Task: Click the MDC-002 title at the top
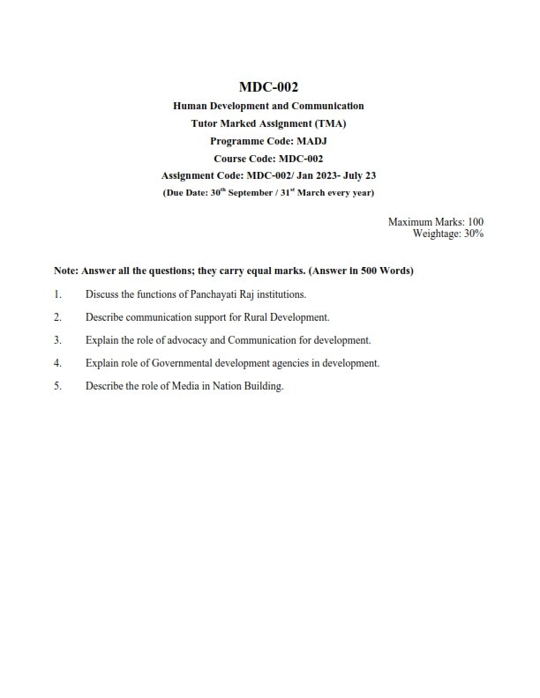[269, 86]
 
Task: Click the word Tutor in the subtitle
[206, 123]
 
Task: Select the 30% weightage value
[474, 234]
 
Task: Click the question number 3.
[56, 339]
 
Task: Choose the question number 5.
[56, 385]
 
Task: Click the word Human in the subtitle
[190, 106]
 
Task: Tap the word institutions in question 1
[277, 293]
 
